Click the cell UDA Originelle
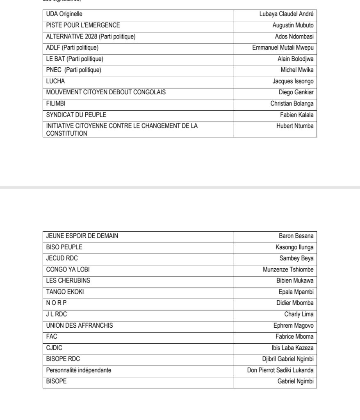pos(64,14)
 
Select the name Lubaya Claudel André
pos(286,14)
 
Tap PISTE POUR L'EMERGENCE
pos(83,25)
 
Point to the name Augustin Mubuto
pos(293,25)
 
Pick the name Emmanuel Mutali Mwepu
pos(283,48)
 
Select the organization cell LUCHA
pos(56,82)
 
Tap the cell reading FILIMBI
pos(56,104)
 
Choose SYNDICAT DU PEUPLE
pos(76,115)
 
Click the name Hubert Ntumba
pos(295,126)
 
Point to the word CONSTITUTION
pos(66,133)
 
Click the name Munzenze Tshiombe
pos(288,270)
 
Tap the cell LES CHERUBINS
pos(68,281)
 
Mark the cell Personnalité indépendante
pos(79,370)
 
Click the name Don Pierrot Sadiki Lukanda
pos(280,370)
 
